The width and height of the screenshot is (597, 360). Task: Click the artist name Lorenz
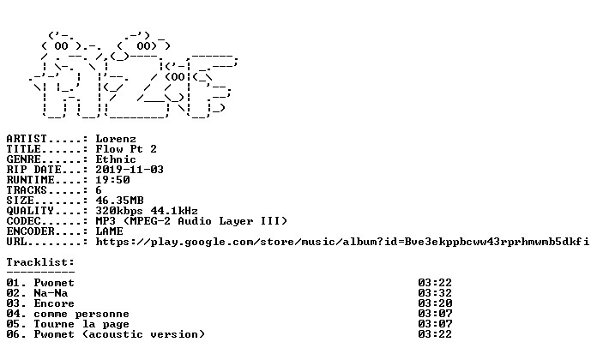[116, 139]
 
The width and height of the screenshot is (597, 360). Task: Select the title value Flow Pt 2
[126, 149]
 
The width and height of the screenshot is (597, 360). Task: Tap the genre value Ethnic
[116, 159]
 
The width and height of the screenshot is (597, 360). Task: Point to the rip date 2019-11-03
[130, 170]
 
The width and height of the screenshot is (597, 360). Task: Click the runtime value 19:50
[112, 180]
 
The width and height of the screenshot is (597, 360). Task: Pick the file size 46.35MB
[119, 201]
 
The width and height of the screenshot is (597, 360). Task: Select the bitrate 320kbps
[119, 211]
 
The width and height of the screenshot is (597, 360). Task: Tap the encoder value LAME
[109, 231]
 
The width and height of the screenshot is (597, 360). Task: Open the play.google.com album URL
[342, 242]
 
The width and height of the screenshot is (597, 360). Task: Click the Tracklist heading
[40, 262]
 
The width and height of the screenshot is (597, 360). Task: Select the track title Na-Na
[51, 293]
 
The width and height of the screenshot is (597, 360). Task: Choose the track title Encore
[54, 303]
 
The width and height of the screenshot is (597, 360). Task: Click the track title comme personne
[81, 314]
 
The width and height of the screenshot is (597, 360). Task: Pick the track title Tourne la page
[81, 324]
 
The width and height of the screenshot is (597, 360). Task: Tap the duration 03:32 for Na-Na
[435, 293]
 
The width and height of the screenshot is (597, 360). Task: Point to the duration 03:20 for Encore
[435, 303]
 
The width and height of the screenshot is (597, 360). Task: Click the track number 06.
[14, 334]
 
